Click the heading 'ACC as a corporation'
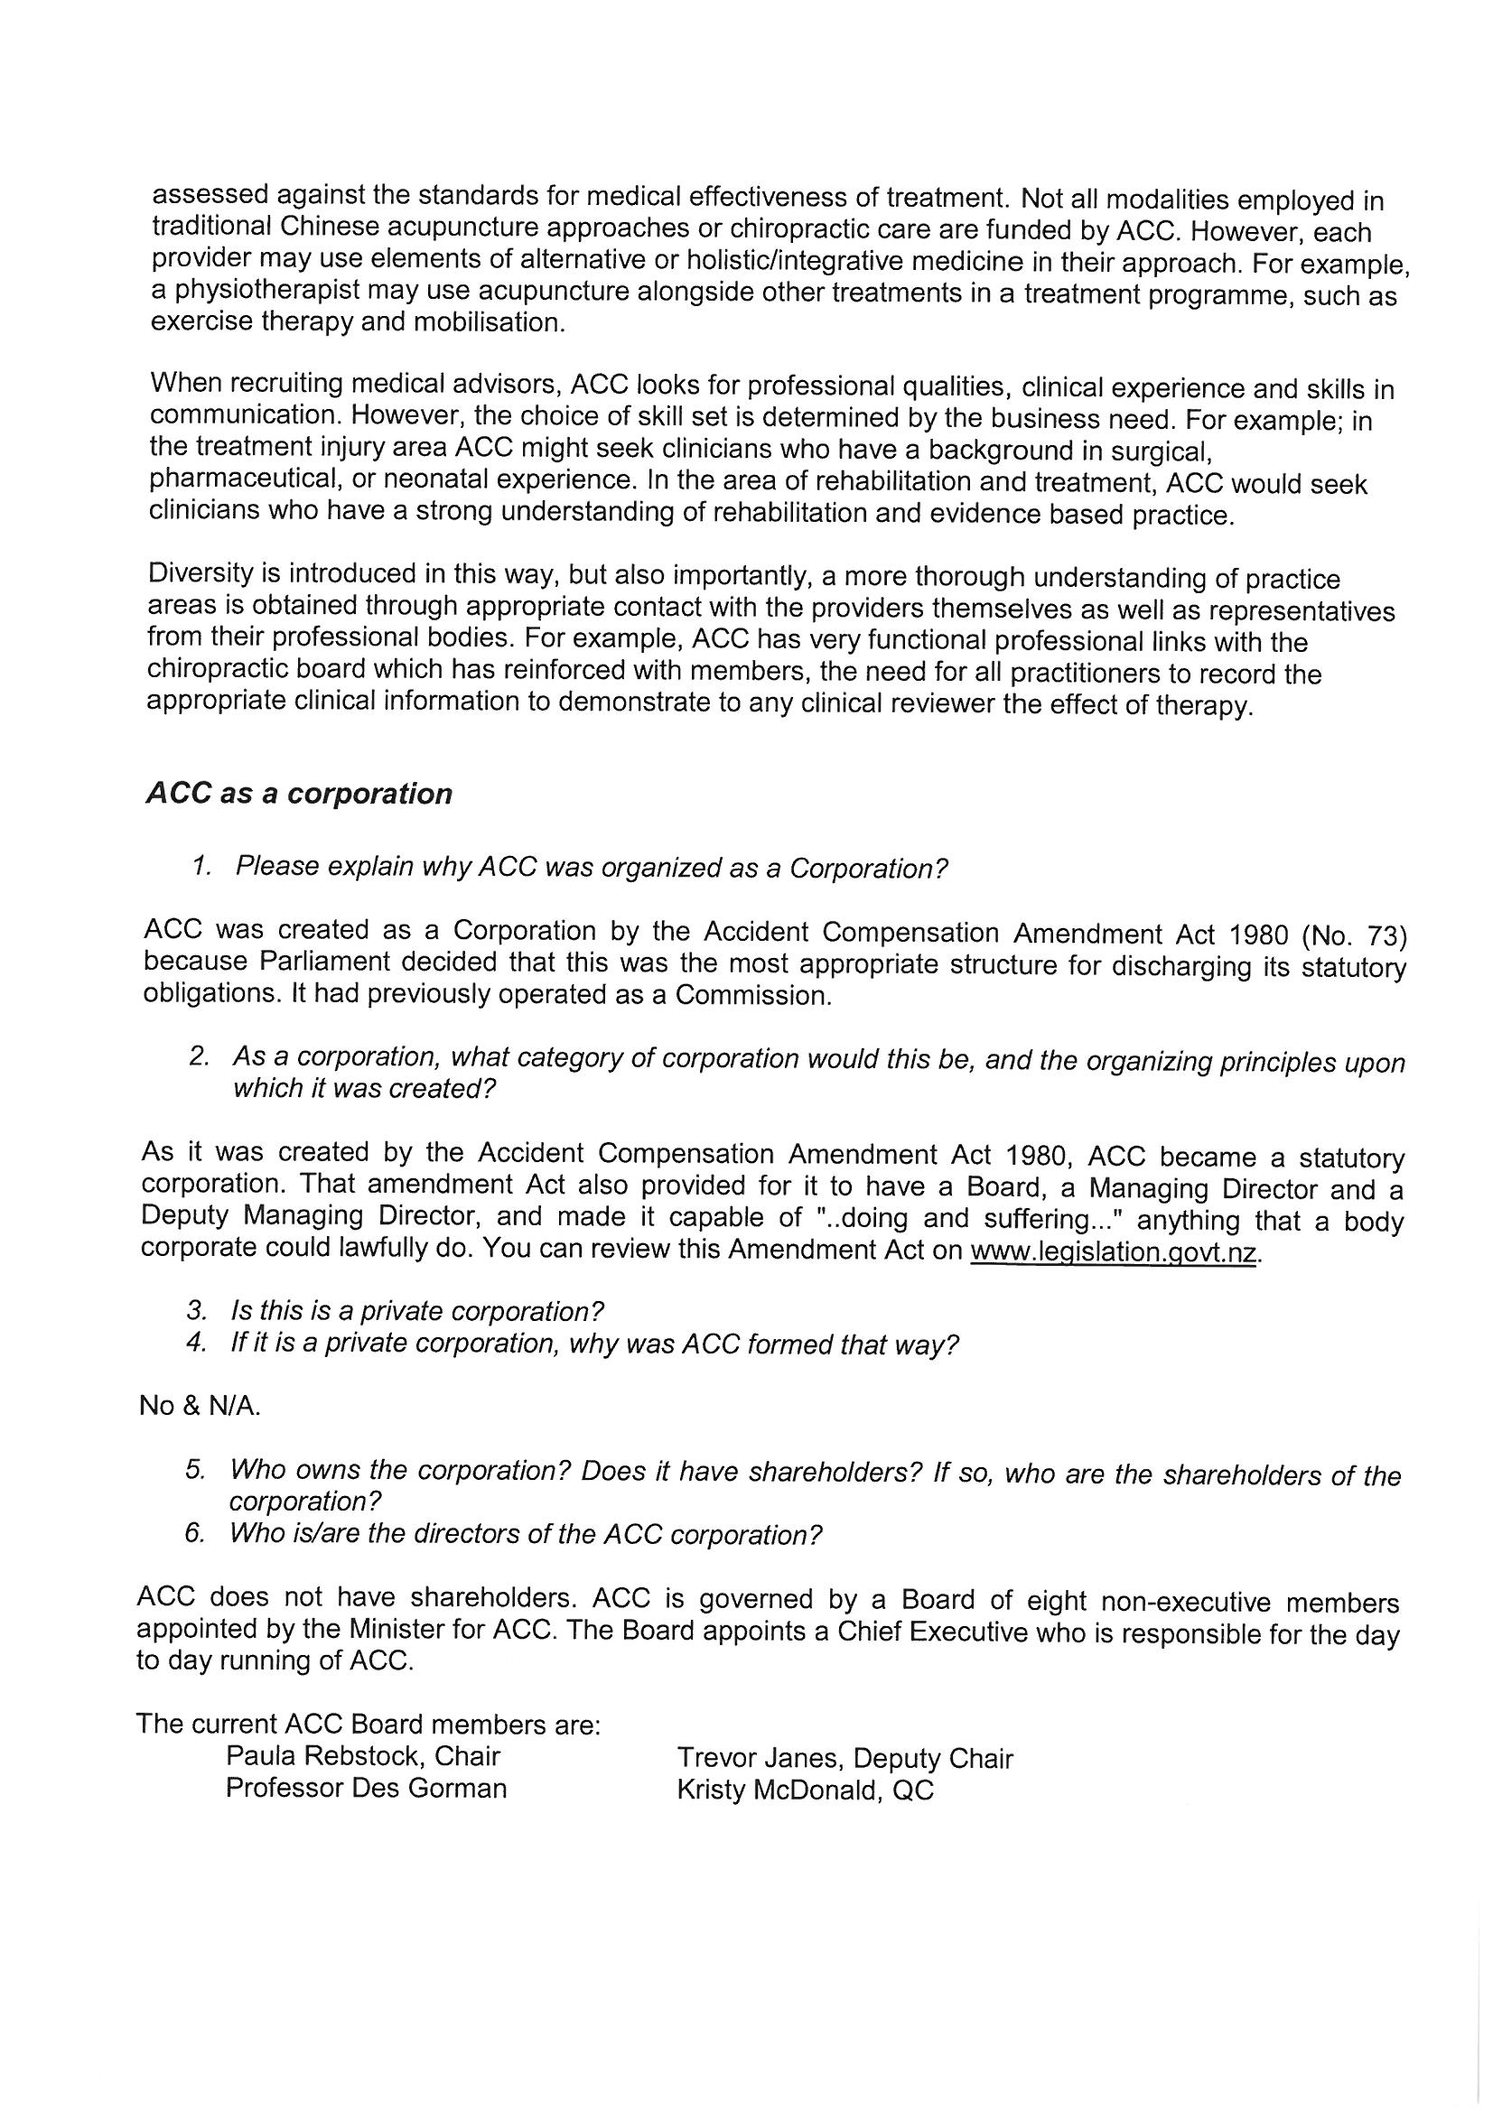[299, 794]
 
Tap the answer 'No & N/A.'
[200, 1406]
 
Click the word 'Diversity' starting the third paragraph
[201, 572]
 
